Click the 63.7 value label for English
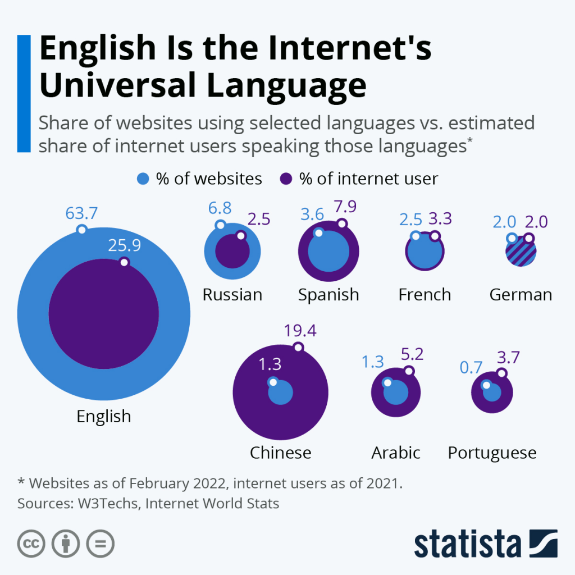[x=81, y=213]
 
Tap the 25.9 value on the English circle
[x=125, y=245]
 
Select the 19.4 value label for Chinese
[x=300, y=330]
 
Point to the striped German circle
[x=521, y=252]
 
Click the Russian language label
[x=232, y=294]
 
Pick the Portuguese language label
[x=492, y=453]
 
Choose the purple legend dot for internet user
[x=286, y=179]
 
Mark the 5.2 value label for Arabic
[x=412, y=354]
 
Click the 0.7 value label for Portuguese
[x=472, y=367]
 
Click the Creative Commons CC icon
[x=31, y=544]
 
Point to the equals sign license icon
[x=100, y=544]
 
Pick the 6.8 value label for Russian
[x=220, y=208]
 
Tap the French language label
[x=425, y=294]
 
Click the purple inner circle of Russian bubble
[x=232, y=252]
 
